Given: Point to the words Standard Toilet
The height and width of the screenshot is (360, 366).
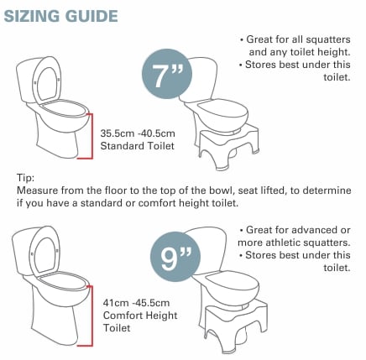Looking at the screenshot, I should [137, 146].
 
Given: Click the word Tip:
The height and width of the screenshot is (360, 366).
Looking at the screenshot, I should [26, 178].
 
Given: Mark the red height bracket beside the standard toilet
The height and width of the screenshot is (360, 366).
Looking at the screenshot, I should [91, 136].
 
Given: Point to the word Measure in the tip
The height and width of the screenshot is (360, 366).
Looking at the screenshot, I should [38, 190].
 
